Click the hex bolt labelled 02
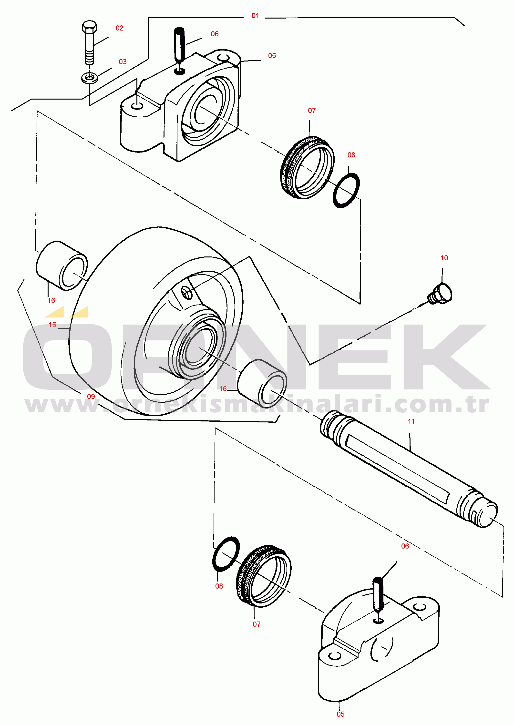click(x=90, y=43)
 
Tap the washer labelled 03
click(x=90, y=78)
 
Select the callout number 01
click(x=255, y=16)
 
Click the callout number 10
click(x=444, y=258)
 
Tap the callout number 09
click(x=91, y=397)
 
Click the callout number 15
click(x=52, y=325)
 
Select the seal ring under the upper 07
click(x=307, y=167)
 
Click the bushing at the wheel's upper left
click(x=62, y=265)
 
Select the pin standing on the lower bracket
click(x=378, y=595)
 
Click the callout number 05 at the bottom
click(x=340, y=714)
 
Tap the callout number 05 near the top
click(x=272, y=56)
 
